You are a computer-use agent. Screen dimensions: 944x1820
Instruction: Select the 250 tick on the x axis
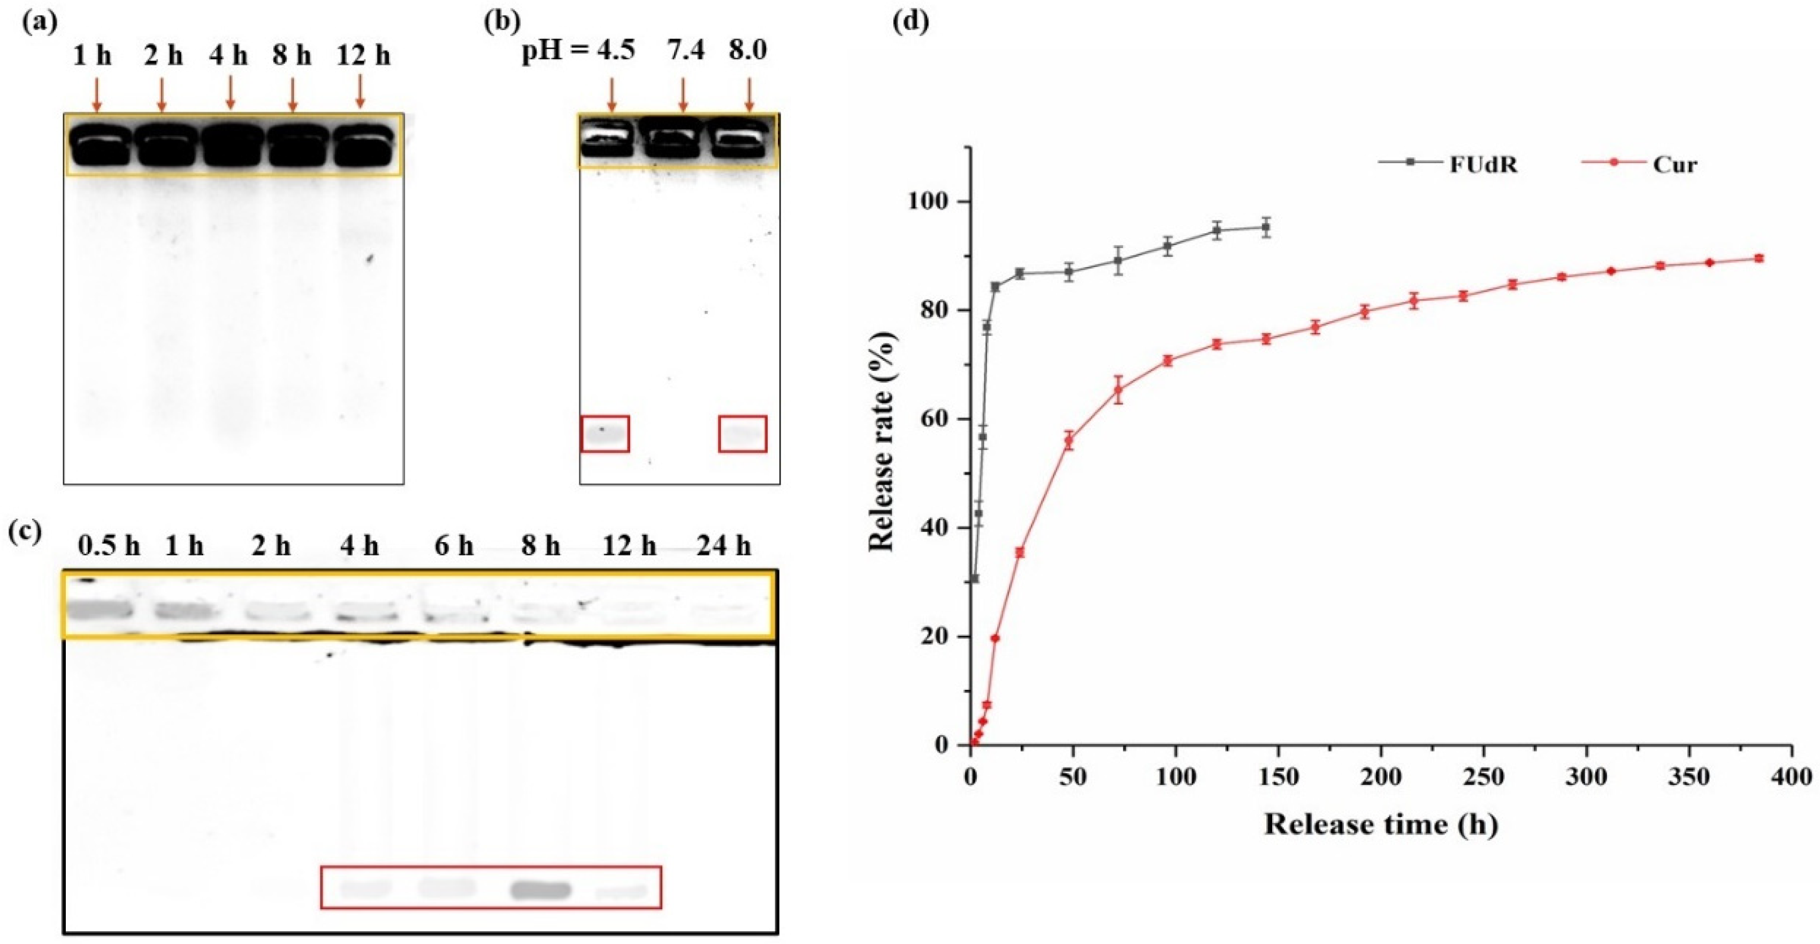1483,777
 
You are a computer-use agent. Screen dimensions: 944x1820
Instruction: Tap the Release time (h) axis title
1381,825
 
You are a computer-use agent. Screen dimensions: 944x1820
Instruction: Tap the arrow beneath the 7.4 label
683,93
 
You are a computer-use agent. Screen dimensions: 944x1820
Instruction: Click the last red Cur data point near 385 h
1759,258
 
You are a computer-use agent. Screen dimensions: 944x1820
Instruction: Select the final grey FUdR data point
1267,227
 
